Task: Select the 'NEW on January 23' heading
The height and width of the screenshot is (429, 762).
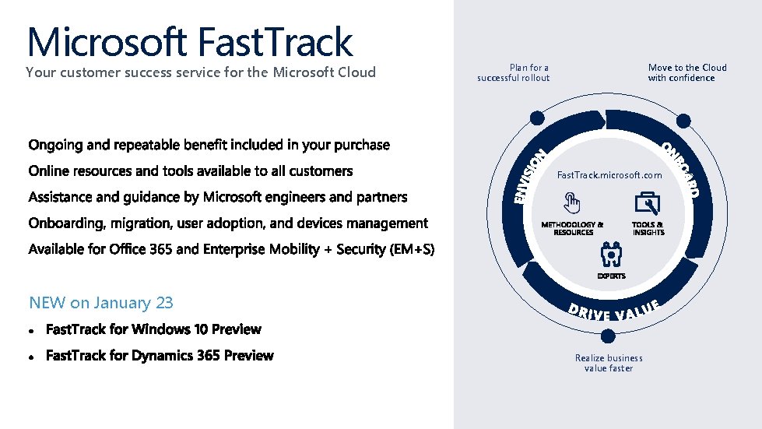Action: [101, 303]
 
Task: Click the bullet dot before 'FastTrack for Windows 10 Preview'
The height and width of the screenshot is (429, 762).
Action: [32, 330]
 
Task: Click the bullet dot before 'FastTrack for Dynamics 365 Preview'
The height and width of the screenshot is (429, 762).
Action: [32, 357]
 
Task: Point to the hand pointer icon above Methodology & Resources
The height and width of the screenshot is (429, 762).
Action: [573, 204]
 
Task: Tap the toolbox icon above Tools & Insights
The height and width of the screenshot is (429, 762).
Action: [648, 203]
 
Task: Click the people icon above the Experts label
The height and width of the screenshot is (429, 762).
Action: [610, 254]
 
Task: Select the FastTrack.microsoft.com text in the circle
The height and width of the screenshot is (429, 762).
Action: [609, 175]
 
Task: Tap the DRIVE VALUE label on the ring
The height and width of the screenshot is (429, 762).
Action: [614, 311]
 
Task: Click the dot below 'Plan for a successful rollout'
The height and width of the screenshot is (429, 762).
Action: [535, 118]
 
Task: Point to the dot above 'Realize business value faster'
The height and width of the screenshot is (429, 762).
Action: [609, 336]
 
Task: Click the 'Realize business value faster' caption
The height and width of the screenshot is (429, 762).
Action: [609, 363]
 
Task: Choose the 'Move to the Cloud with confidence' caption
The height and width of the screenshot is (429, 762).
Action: [687, 72]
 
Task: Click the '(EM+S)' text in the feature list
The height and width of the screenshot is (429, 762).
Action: [412, 250]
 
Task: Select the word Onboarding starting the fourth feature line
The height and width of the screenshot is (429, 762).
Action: [65, 223]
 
